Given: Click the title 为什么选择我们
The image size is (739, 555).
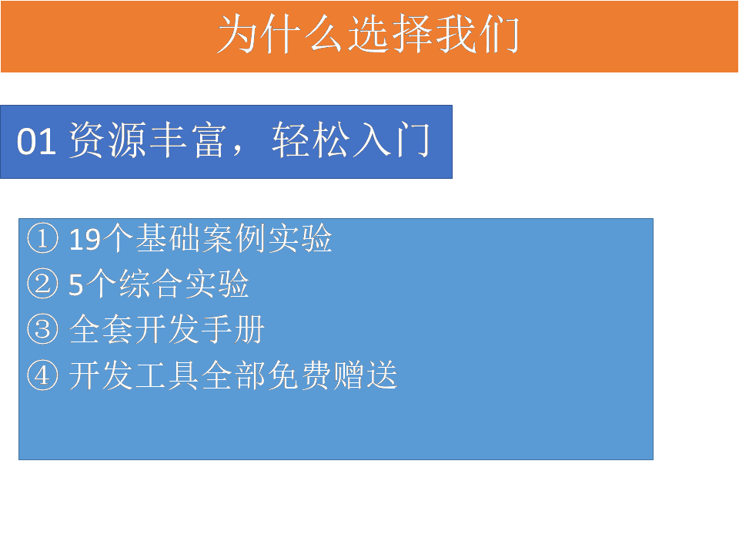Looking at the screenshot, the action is pos(369,34).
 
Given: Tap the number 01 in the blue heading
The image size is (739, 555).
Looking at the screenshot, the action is pos(36,141).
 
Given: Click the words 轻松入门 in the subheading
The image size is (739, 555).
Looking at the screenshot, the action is pos(351,140).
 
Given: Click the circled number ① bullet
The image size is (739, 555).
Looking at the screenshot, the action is pos(43,238).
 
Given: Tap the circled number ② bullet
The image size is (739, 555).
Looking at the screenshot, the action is pos(43,284).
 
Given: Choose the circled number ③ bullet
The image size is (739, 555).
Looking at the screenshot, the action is pos(43,329).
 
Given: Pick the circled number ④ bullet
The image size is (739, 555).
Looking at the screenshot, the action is pos(43,375).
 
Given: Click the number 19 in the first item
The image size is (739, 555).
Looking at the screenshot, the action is pos(85,239).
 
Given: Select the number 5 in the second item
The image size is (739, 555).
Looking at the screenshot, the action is pos(76,284).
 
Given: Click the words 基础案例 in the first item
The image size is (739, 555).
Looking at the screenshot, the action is pos(201,238).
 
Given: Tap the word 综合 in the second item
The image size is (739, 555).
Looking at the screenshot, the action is pos(151,284).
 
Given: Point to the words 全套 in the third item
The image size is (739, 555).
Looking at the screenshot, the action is pos(102,329).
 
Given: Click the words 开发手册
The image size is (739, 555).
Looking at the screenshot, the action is pos(200,329).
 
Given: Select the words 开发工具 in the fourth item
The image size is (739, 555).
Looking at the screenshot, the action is pos(134,375).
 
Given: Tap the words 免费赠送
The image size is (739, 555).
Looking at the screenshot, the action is pos(333,375).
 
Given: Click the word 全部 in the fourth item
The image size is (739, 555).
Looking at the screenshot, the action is pos(234,375).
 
